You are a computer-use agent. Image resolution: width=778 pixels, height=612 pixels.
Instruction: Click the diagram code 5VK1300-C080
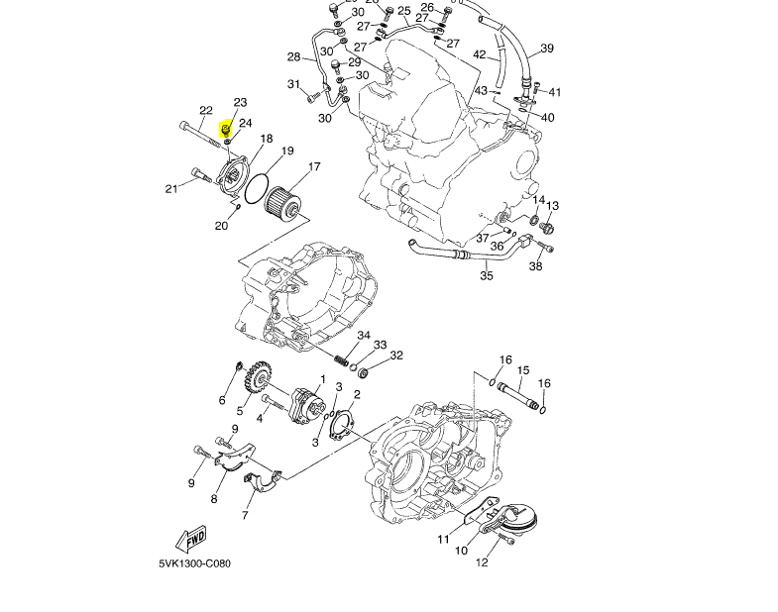(194, 564)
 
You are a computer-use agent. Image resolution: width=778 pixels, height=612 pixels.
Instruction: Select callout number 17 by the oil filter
(314, 167)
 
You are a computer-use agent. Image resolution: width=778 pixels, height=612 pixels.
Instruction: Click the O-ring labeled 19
(257, 186)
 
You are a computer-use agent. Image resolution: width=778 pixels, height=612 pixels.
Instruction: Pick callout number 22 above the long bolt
(206, 111)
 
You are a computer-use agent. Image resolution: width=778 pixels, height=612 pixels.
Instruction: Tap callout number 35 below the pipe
(487, 276)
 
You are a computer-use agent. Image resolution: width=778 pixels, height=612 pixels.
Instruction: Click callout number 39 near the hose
(547, 49)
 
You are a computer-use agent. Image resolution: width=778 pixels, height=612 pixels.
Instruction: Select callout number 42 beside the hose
(480, 55)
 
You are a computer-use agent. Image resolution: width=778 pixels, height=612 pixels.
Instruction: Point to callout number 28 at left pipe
(294, 57)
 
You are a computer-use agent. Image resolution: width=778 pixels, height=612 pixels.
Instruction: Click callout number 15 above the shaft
(523, 370)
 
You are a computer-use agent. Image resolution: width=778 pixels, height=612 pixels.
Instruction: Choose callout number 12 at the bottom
(482, 563)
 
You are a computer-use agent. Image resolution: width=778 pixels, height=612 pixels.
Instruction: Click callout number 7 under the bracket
(245, 516)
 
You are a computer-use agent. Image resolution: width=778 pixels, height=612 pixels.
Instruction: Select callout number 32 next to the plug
(396, 356)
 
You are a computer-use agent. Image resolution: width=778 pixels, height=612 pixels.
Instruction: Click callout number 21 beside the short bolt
(171, 188)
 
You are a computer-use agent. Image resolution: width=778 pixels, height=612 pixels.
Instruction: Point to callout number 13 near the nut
(553, 206)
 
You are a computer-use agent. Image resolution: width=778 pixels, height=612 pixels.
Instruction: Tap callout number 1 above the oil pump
(322, 379)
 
